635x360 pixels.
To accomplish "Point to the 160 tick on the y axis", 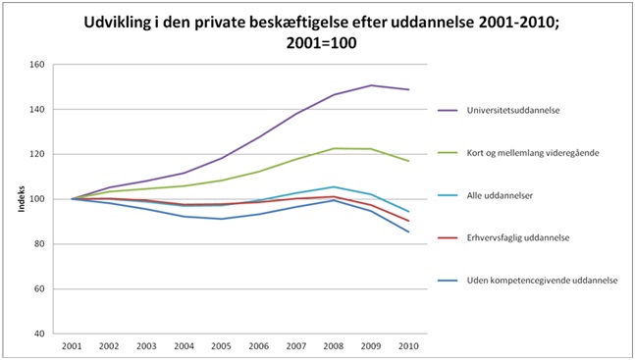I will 36,65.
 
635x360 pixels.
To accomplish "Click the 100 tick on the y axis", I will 36,199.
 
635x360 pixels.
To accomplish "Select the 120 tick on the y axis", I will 36,154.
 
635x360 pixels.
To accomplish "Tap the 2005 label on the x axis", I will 221,347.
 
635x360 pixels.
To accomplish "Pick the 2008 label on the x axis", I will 334,347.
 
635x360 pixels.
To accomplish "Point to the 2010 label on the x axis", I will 408,347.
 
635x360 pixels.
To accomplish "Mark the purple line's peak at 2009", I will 371,85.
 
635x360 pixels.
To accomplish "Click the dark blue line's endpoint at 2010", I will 408,231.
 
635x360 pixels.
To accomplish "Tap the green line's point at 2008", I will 334,148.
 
